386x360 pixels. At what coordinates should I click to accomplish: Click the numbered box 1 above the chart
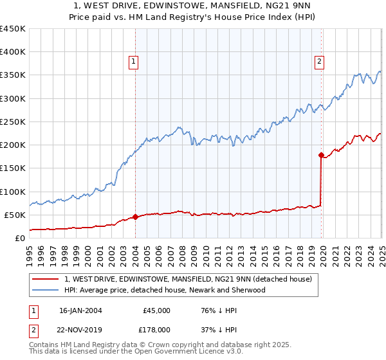pyautogui.click(x=133, y=62)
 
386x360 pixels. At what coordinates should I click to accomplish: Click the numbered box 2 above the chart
pyautogui.click(x=320, y=62)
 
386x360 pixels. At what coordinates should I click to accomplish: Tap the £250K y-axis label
pyautogui.click(x=14, y=122)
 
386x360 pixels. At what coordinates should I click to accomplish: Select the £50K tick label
pyautogui.click(x=16, y=215)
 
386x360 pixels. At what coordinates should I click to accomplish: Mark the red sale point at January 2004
pyautogui.click(x=135, y=217)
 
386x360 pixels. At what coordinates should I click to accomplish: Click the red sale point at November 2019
pyautogui.click(x=321, y=155)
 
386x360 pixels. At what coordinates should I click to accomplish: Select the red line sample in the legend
pyautogui.click(x=46, y=279)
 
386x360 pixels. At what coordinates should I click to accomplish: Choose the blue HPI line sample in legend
pyautogui.click(x=46, y=290)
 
